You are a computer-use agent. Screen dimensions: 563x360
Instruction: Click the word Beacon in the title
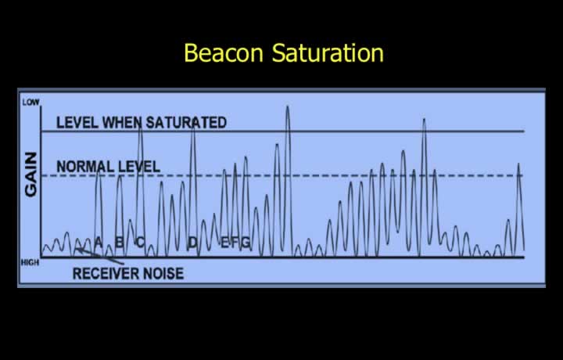224,52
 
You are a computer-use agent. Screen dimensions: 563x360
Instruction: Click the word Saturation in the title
328,52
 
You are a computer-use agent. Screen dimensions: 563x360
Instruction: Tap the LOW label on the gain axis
30,103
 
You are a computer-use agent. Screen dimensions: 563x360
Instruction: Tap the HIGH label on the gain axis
30,263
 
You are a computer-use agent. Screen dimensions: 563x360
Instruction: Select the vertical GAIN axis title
30,175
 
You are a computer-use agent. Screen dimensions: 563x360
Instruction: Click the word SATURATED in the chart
186,123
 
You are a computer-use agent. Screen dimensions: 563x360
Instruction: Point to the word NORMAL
84,167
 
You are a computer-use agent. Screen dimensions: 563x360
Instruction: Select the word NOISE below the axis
163,274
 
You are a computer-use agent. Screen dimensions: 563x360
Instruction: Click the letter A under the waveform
98,243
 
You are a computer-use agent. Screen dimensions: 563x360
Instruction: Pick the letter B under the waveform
120,243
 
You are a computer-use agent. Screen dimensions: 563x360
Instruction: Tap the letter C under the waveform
140,243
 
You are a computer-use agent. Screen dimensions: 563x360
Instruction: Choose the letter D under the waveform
193,243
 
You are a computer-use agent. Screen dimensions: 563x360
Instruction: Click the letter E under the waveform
224,243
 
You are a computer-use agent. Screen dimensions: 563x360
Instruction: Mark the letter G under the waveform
246,243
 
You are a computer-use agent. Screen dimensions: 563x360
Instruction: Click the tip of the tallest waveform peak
287,106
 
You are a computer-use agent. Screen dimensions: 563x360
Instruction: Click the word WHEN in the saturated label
122,123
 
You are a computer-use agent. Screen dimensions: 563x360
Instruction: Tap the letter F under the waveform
235,243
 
